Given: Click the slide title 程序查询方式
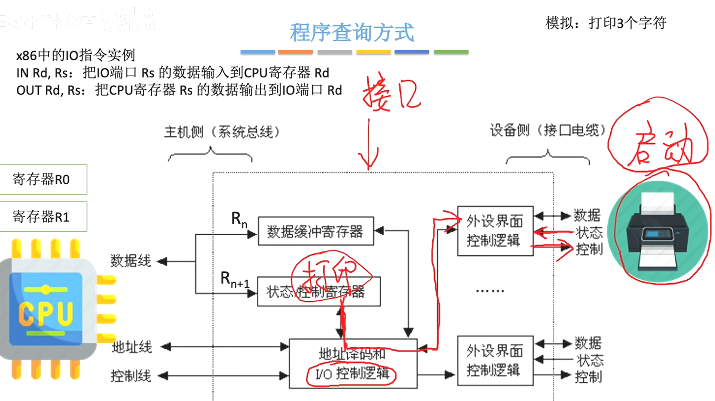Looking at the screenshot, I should (352, 33).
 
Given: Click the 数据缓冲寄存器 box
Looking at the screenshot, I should (315, 232).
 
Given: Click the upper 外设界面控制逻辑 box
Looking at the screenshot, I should (495, 231).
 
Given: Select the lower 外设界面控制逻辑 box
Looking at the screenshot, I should (495, 361).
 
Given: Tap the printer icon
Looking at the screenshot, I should (657, 232).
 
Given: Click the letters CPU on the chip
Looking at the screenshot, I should (46, 314).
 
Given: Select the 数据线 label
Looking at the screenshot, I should (131, 261).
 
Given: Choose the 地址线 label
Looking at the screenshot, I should (132, 347).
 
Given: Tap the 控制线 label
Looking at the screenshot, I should (131, 376).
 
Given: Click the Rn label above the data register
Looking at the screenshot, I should (239, 219).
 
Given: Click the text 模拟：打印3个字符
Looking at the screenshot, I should (605, 22).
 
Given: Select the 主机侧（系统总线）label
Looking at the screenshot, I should (222, 132).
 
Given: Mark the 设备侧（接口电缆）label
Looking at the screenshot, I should (548, 130).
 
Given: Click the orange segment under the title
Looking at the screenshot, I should (295, 52).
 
